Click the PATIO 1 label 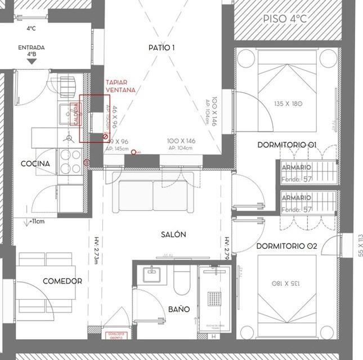point(162,48)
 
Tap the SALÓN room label point(172,234)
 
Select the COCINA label point(35,164)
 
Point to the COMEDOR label point(62,281)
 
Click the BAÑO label point(179,309)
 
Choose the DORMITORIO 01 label point(287,145)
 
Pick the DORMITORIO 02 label point(287,246)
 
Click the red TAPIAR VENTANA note point(120,85)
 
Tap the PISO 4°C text point(285,19)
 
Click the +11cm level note point(37,221)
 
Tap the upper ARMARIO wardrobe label point(297,167)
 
